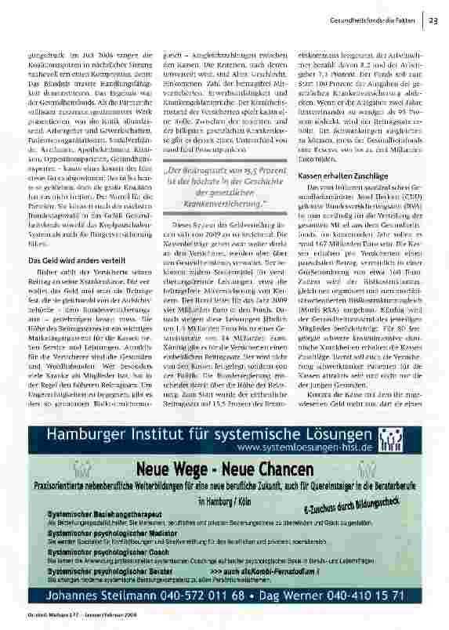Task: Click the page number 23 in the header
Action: click(433, 20)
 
